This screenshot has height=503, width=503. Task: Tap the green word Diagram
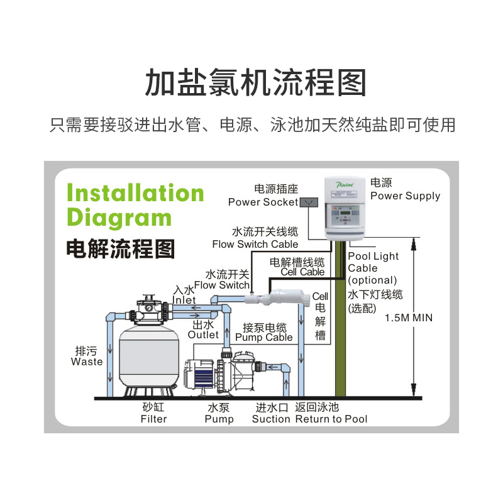[119, 217]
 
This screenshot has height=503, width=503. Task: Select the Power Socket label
[263, 202]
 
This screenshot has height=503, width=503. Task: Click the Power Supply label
[405, 196]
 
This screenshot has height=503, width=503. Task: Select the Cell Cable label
[302, 272]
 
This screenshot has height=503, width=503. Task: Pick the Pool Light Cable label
[373, 262]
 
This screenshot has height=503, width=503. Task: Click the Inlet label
[184, 301]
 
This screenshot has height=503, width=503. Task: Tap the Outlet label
[203, 334]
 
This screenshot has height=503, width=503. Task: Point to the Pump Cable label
[263, 337]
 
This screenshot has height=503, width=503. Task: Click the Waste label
[87, 362]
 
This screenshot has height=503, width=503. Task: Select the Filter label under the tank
[153, 419]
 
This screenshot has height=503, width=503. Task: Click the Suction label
[271, 419]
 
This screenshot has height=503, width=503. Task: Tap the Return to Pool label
[331, 419]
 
